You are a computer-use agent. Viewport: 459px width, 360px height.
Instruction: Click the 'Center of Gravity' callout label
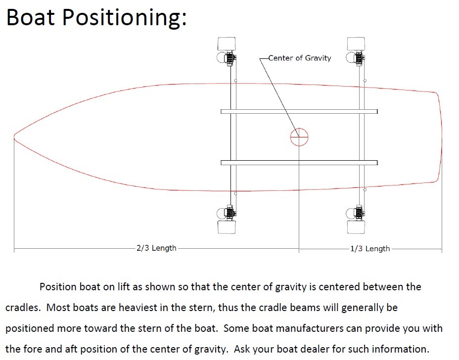[300, 58]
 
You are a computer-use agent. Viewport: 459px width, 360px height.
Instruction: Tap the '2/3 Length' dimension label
[156, 248]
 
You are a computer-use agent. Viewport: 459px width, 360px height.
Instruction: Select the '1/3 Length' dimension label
[370, 249]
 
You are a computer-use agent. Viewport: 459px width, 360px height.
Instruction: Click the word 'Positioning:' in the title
[125, 18]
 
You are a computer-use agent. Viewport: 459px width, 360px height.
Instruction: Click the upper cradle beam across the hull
[299, 112]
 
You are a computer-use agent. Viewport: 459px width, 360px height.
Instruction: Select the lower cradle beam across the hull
[299, 163]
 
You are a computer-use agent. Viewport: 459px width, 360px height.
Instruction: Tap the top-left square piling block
[227, 44]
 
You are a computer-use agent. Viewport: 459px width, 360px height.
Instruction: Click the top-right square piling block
[356, 44]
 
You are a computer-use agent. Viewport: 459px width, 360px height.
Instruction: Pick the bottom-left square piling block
[227, 227]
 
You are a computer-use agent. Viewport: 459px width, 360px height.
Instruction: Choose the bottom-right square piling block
[356, 227]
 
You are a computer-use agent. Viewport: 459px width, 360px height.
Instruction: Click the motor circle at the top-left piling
[217, 57]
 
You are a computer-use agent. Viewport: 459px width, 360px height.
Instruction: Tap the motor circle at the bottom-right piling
[346, 213]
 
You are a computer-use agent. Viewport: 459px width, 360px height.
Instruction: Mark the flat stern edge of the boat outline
[441, 137]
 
